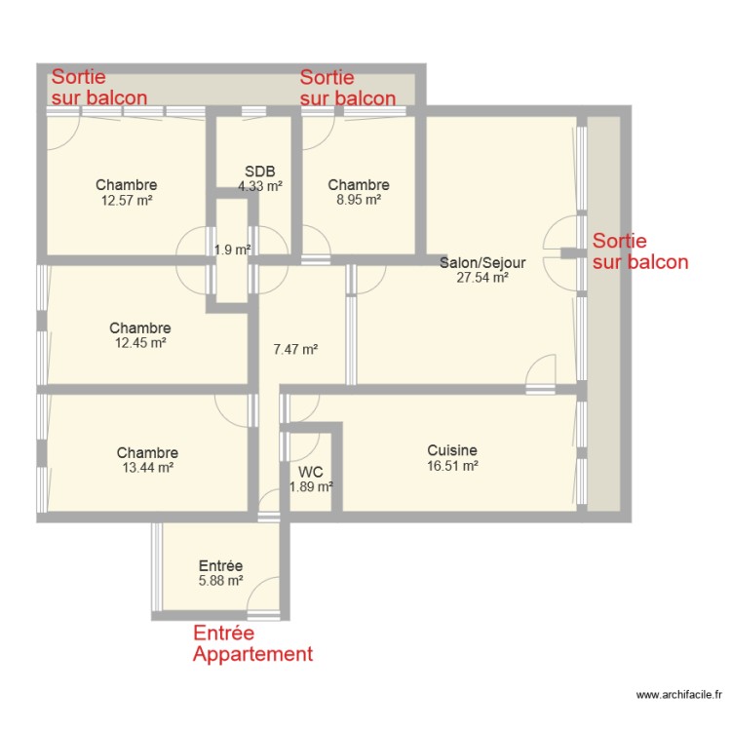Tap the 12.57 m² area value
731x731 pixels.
pyautogui.click(x=127, y=200)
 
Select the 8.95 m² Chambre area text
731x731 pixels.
pyautogui.click(x=359, y=200)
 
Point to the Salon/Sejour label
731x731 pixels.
pyautogui.click(x=482, y=262)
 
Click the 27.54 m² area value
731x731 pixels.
pyautogui.click(x=482, y=277)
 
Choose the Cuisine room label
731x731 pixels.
pyautogui.click(x=452, y=450)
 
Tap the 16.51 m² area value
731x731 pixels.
pyautogui.click(x=452, y=466)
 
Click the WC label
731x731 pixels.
pyautogui.click(x=311, y=472)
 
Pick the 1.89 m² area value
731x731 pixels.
pyautogui.click(x=311, y=486)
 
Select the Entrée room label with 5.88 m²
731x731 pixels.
pyautogui.click(x=220, y=565)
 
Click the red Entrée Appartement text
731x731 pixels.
pyautogui.click(x=252, y=643)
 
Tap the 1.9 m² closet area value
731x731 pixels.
pyautogui.click(x=233, y=250)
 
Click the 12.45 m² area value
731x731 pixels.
pyautogui.click(x=140, y=343)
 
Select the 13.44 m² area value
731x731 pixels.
pyautogui.click(x=147, y=468)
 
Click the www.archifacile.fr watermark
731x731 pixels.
pyautogui.click(x=678, y=695)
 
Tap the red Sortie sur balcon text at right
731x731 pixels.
pyautogui.click(x=639, y=251)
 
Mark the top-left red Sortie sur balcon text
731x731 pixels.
pyautogui.click(x=99, y=87)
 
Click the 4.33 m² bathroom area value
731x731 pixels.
pyautogui.click(x=260, y=185)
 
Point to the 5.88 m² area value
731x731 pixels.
pyautogui.click(x=220, y=581)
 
